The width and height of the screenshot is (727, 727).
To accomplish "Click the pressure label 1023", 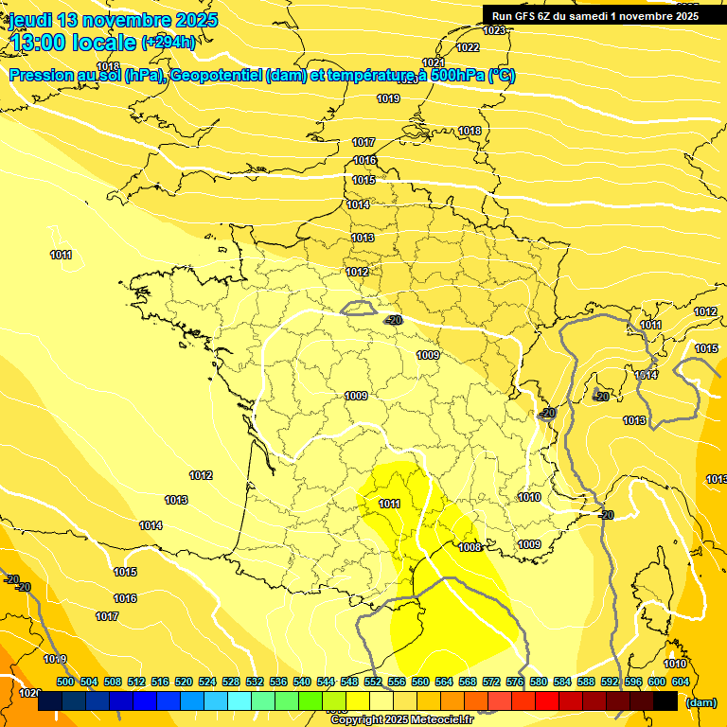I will click(494, 31).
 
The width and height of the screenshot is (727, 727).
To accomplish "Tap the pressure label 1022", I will click(468, 47).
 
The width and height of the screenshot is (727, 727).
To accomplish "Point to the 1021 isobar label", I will click(434, 62).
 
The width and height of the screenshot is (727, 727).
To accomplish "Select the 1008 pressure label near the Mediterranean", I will click(470, 547).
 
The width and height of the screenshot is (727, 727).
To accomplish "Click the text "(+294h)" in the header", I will click(168, 42).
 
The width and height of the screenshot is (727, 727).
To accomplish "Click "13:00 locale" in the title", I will click(72, 42).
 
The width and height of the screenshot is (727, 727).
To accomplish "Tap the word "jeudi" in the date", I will click(30, 20).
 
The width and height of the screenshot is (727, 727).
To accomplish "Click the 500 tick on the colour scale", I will click(65, 682).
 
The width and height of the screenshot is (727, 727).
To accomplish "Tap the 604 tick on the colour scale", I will click(680, 682).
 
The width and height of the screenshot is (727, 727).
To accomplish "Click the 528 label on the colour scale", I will click(231, 682).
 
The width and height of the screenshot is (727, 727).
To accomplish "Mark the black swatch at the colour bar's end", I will click(665, 701).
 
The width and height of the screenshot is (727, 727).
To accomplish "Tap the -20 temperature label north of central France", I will click(394, 320).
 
